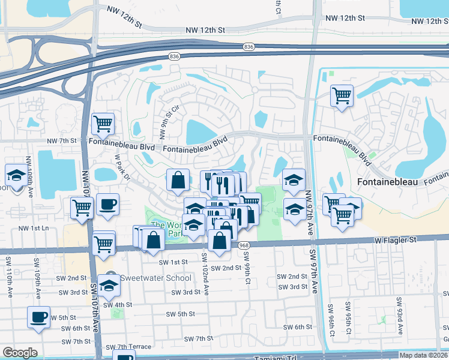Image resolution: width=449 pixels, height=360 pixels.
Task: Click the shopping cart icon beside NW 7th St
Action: [x=103, y=124]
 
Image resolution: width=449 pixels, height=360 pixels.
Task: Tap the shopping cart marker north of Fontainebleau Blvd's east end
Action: [x=342, y=95]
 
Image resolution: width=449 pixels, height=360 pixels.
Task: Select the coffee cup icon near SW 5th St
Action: [x=39, y=317]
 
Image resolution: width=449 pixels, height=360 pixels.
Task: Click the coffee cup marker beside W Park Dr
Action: [x=107, y=203]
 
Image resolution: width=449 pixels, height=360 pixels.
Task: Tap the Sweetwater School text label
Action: [x=155, y=278]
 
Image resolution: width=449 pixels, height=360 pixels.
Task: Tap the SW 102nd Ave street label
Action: [x=205, y=273]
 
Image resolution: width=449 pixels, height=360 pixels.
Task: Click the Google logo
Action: [x=20, y=353]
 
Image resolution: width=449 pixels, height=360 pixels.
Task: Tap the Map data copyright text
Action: [x=424, y=355]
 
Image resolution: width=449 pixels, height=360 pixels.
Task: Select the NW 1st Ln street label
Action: [x=32, y=228]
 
